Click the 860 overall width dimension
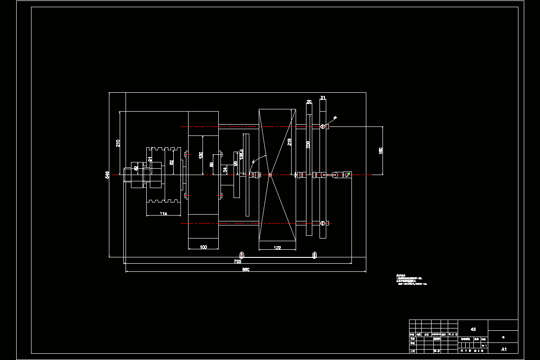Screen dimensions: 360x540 pos(246,270)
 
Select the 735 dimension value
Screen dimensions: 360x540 pos(238,261)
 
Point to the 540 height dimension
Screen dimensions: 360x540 pos(107,174)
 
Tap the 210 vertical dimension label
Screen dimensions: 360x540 pos(118,143)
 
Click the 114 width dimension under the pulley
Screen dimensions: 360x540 pos(163,214)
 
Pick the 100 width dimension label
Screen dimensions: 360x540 pos(203,247)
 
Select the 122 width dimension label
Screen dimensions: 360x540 pos(277,247)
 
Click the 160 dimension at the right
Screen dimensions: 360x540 pos(381,150)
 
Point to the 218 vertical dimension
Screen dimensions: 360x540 pos(289,142)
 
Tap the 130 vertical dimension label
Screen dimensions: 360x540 pos(201,155)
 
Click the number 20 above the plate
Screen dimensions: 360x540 pos(309,102)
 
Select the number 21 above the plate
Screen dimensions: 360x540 pos(323,98)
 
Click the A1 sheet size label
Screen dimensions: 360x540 pos(504,349)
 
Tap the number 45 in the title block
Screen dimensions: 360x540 pos(472,329)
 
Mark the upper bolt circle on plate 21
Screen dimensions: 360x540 pos(323,127)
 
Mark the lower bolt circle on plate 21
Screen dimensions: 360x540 pos(323,223)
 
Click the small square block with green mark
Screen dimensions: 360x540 pos(346,175)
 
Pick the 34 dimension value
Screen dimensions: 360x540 pos(225,170)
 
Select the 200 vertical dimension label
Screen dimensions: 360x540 pos(308,144)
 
